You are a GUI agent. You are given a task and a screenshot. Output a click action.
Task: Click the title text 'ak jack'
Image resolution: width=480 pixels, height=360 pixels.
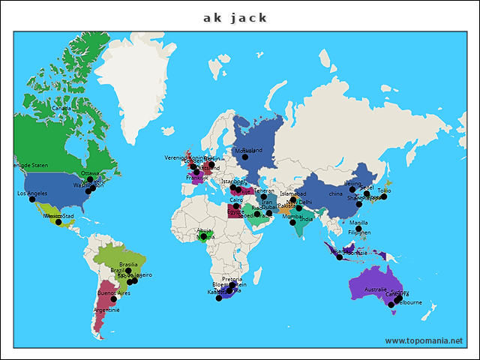(235, 17)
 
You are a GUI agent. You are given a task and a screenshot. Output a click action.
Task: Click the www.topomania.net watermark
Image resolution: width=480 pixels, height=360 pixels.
(424, 340)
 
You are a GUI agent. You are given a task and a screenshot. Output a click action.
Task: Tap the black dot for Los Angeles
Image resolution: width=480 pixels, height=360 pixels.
(32, 199)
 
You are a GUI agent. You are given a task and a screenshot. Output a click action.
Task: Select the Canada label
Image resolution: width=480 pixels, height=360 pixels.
(61, 108)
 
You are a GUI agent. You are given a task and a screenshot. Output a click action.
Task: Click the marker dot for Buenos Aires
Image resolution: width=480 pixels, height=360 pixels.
(114, 299)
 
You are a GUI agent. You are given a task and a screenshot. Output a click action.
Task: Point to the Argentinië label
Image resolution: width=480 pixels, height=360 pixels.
(106, 310)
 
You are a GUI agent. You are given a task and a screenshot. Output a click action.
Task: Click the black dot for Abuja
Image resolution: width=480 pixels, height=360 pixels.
(203, 237)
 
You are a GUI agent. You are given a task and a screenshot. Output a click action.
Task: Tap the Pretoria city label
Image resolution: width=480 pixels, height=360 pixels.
(232, 279)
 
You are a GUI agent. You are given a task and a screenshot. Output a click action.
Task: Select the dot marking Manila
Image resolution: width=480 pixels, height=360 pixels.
(358, 229)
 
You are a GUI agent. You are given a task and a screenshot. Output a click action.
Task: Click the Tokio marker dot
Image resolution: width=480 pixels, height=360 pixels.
(383, 197)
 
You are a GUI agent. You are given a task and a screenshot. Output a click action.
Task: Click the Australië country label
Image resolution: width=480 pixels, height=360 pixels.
(375, 289)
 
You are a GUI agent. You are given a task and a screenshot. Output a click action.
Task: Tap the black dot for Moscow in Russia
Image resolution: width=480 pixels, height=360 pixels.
(244, 157)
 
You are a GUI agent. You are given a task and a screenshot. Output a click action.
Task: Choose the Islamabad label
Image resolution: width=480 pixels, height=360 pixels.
(292, 193)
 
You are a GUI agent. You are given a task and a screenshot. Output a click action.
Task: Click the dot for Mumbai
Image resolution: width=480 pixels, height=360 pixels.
(293, 223)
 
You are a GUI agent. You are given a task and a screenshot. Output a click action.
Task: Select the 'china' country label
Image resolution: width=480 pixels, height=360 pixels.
(335, 194)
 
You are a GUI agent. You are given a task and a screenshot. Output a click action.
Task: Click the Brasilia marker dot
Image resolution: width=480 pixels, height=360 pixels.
(128, 271)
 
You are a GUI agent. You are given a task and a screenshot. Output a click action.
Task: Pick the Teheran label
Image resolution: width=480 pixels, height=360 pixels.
(265, 190)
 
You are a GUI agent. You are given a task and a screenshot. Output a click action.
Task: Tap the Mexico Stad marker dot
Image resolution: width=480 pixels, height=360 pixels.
(58, 222)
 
